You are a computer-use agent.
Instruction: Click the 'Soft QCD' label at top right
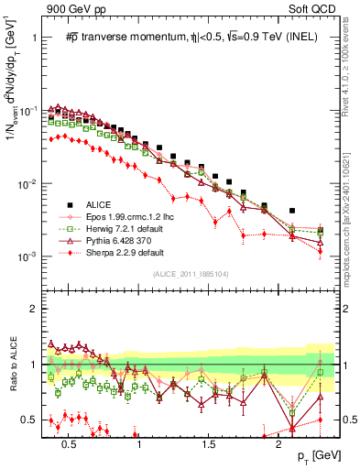(x=312, y=8)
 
